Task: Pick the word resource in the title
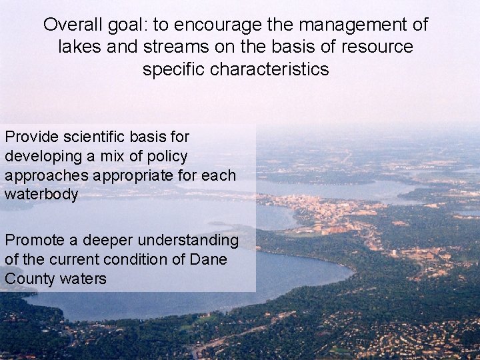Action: tap(382, 47)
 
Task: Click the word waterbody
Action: tap(41, 194)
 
